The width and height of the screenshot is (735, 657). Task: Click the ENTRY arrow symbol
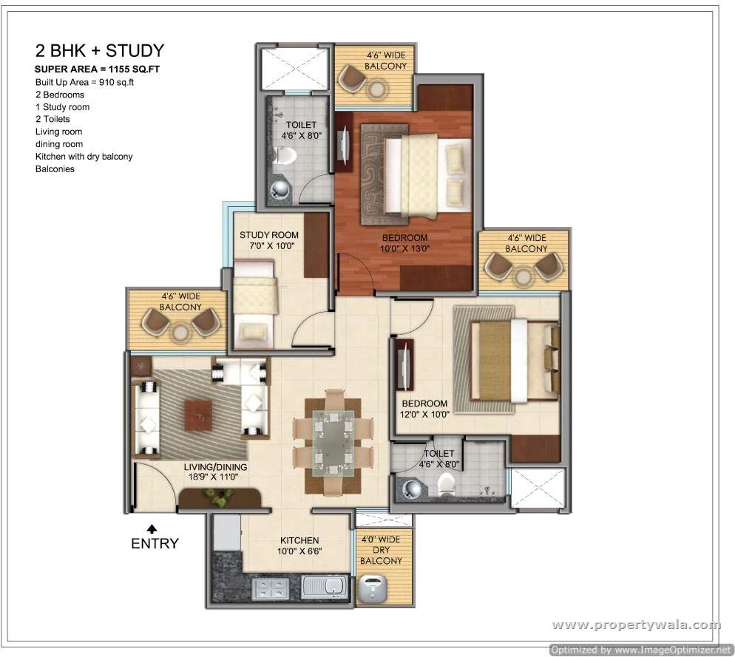(x=152, y=529)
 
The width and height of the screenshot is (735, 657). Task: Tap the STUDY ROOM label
(x=269, y=235)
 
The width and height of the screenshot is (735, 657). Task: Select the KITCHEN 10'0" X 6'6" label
(x=299, y=546)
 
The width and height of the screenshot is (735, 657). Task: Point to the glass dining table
(x=333, y=443)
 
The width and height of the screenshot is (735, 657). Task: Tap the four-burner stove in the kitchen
(x=271, y=588)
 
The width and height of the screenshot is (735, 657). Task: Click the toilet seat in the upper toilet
(x=283, y=155)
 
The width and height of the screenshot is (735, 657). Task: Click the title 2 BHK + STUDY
(x=100, y=50)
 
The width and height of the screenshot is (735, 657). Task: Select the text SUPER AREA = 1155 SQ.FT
(x=97, y=69)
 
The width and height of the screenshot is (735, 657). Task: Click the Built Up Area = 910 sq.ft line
(x=84, y=83)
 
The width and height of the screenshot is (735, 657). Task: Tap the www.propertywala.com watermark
(x=637, y=624)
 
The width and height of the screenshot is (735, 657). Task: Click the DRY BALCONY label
(x=381, y=555)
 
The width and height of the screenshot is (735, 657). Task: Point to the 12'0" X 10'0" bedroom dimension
(x=424, y=415)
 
